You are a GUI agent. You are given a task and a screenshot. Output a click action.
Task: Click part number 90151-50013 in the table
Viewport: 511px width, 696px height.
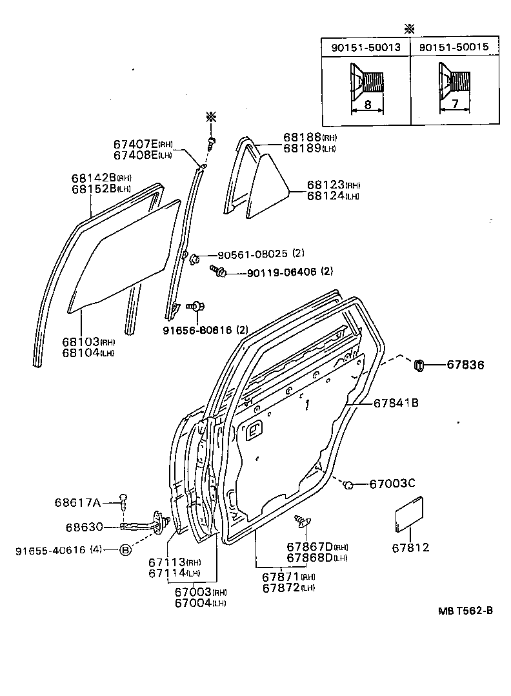[x=366, y=47]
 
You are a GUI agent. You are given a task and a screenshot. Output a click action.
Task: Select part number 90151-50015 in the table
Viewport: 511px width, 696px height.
[x=454, y=47]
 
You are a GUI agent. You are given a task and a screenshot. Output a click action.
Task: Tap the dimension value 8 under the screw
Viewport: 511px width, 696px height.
[x=366, y=105]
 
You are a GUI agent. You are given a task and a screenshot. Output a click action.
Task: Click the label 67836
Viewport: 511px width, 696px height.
[x=465, y=365]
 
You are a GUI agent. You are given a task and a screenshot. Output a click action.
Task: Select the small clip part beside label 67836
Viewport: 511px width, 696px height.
[x=419, y=366]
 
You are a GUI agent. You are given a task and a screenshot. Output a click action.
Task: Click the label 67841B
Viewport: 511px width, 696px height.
[x=396, y=404]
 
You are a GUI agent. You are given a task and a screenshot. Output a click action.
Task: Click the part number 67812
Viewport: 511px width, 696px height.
[x=410, y=548]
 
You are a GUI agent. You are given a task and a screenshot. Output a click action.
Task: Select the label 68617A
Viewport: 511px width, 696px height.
[x=77, y=502]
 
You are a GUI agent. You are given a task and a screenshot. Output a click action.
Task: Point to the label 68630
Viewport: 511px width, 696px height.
[x=84, y=527]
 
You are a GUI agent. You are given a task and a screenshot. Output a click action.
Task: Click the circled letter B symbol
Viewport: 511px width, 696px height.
[x=125, y=550]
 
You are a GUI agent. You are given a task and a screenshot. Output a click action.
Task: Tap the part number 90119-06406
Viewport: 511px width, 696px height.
[x=281, y=272]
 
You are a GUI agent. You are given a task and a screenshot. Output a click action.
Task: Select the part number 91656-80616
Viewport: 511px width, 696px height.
[x=203, y=330]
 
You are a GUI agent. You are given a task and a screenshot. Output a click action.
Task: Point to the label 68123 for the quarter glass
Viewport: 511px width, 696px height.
[x=325, y=185]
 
